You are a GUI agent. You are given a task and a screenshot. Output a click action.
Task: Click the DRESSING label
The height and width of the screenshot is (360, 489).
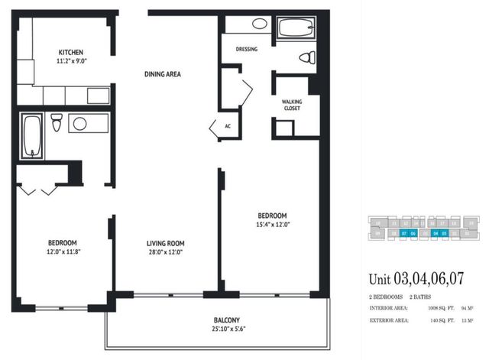(247, 49)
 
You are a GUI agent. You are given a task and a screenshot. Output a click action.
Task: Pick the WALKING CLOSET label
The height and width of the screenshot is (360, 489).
(291, 104)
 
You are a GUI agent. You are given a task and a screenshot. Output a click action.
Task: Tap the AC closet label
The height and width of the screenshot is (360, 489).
(228, 126)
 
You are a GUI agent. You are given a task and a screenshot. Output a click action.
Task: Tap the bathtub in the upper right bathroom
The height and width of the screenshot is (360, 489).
(296, 28)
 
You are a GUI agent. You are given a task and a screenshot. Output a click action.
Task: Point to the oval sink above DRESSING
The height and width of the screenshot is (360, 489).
(260, 23)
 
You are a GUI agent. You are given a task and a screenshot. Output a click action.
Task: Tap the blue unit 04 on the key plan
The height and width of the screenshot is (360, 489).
(435, 232)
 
